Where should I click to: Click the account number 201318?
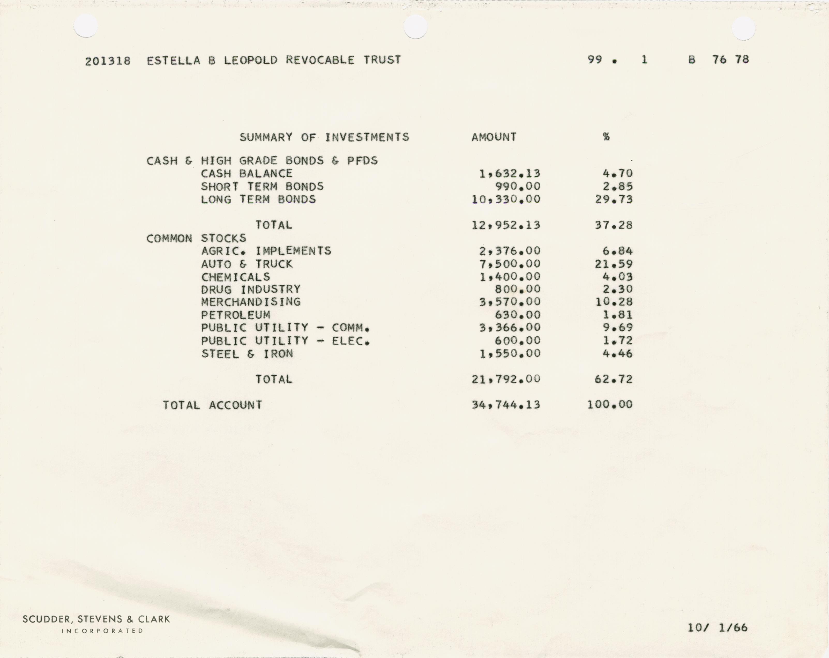[x=108, y=61]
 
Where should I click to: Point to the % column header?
[x=606, y=137]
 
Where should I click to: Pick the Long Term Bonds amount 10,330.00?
[x=506, y=199]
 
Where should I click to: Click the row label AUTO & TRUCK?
[x=247, y=264]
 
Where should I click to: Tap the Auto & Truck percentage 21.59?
[x=614, y=264]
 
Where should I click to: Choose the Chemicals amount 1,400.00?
[x=510, y=277]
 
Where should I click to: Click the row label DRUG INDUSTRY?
[x=251, y=289]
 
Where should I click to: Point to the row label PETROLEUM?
[x=235, y=315]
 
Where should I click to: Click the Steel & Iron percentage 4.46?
[x=617, y=354]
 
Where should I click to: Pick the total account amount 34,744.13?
[x=506, y=405]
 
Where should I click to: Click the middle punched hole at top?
[x=416, y=27]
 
